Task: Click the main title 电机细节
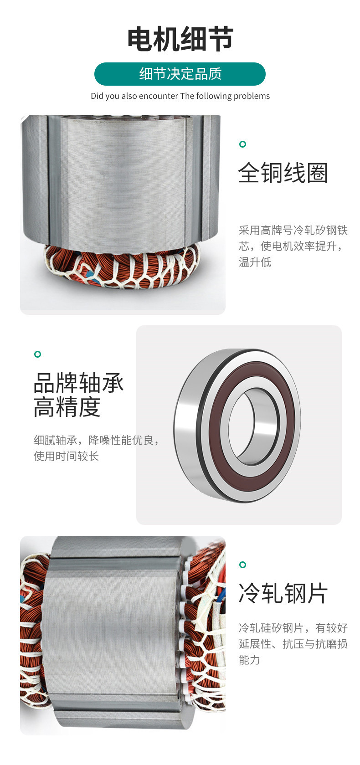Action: tap(180, 39)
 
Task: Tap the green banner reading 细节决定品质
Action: tap(180, 74)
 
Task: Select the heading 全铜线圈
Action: tap(283, 173)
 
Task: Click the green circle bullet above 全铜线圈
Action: tap(242, 144)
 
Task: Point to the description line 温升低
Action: tap(255, 262)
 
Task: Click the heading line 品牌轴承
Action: tap(78, 383)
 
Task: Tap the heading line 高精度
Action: tap(67, 407)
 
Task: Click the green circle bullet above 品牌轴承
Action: tap(38, 354)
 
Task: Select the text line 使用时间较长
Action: tap(66, 456)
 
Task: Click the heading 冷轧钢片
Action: tap(283, 594)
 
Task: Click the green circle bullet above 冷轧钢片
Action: tap(242, 565)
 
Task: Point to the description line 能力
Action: tap(249, 660)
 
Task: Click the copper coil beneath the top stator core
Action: tap(123, 269)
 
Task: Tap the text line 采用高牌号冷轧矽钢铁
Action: tap(293, 231)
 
